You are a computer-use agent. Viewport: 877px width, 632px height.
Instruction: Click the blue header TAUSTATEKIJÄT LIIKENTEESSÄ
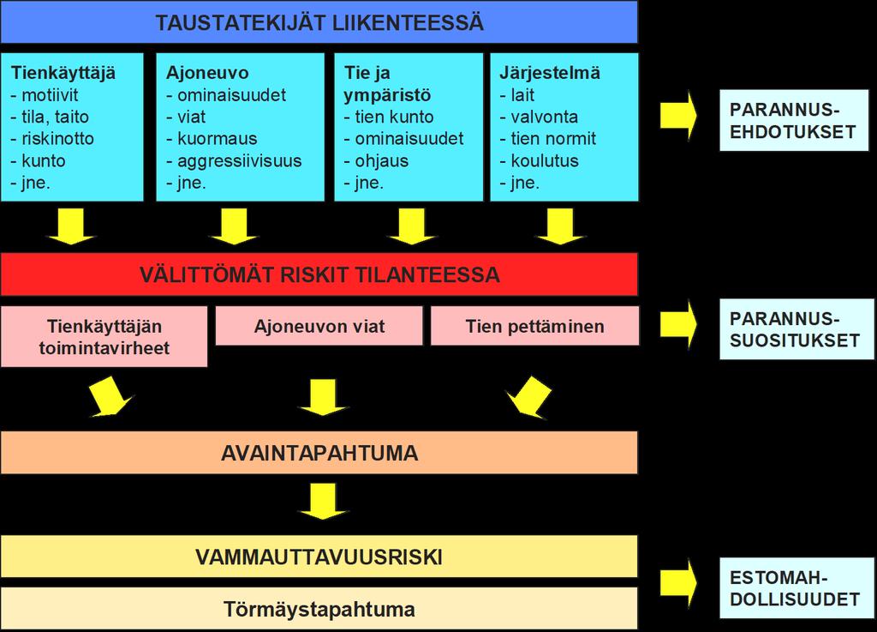pyautogui.click(x=319, y=22)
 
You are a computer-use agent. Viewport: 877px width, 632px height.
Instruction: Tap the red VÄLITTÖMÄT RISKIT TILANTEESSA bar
pyautogui.click(x=319, y=274)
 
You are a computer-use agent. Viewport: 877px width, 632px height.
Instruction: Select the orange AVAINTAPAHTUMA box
pyautogui.click(x=319, y=452)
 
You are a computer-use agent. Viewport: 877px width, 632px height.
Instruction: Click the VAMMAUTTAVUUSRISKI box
pyautogui.click(x=319, y=557)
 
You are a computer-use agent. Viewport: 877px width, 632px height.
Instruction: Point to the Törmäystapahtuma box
pyautogui.click(x=319, y=609)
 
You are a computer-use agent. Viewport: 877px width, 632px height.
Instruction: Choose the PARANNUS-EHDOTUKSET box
pyautogui.click(x=794, y=120)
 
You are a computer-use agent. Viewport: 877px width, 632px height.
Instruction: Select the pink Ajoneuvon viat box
pyautogui.click(x=319, y=326)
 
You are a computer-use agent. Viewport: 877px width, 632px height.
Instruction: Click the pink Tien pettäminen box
pyautogui.click(x=534, y=326)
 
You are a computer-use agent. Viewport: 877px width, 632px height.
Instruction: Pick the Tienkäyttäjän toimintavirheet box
pyautogui.click(x=104, y=336)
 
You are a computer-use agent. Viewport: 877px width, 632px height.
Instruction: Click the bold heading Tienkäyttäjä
pyautogui.click(x=63, y=73)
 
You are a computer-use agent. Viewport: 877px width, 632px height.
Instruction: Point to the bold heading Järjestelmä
pyautogui.click(x=550, y=73)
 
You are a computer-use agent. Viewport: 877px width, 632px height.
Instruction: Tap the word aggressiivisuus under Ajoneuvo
pyautogui.click(x=240, y=161)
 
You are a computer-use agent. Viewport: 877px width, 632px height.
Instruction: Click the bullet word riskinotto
pyautogui.click(x=57, y=139)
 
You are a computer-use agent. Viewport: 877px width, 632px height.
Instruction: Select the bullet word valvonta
pyautogui.click(x=544, y=117)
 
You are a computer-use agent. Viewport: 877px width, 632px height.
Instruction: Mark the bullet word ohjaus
pyautogui.click(x=381, y=161)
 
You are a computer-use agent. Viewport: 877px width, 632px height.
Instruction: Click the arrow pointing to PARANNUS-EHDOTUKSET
pyautogui.click(x=678, y=115)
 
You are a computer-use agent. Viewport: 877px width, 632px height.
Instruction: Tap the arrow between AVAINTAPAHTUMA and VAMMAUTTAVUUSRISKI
pyautogui.click(x=324, y=502)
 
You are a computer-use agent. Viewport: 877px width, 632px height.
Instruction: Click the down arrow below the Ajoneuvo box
pyautogui.click(x=234, y=226)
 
